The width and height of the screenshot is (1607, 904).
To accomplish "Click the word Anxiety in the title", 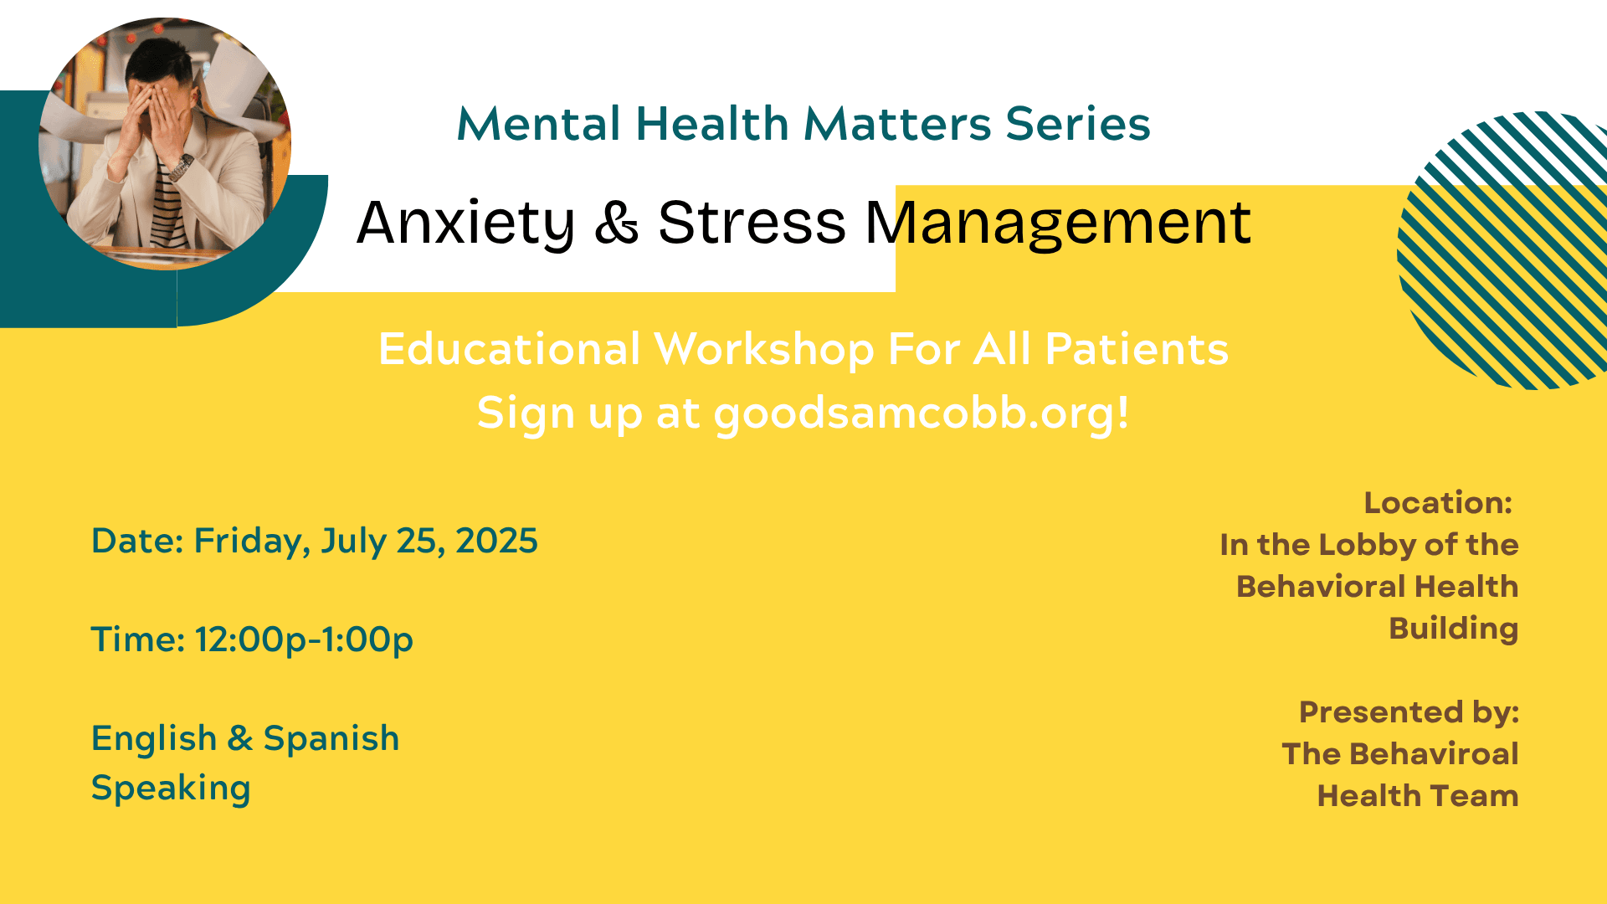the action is click(465, 223).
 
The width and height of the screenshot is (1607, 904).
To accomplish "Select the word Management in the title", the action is click(1058, 223).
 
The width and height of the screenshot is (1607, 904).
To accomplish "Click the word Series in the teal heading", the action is click(1078, 124).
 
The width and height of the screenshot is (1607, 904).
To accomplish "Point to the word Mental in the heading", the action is click(539, 124).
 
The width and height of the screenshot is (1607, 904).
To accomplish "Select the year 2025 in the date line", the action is click(496, 541).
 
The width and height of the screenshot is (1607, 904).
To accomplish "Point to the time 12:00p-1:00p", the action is click(305, 640).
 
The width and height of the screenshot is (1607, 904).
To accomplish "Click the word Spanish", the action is click(331, 739).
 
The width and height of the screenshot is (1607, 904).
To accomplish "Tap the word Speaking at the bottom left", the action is click(171, 788).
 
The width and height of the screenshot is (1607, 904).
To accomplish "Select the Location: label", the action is click(1438, 503).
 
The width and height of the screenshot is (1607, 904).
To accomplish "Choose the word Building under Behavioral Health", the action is click(1454, 629).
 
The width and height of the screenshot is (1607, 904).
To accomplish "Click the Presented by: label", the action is click(1409, 712).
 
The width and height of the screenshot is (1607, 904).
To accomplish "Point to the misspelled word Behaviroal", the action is click(1435, 754).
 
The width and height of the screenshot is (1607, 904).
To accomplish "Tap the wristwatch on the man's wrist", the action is click(181, 167).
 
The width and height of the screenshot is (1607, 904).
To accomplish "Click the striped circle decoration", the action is click(1502, 250).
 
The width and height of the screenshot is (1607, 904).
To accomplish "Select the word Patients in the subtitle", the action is click(1137, 350).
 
